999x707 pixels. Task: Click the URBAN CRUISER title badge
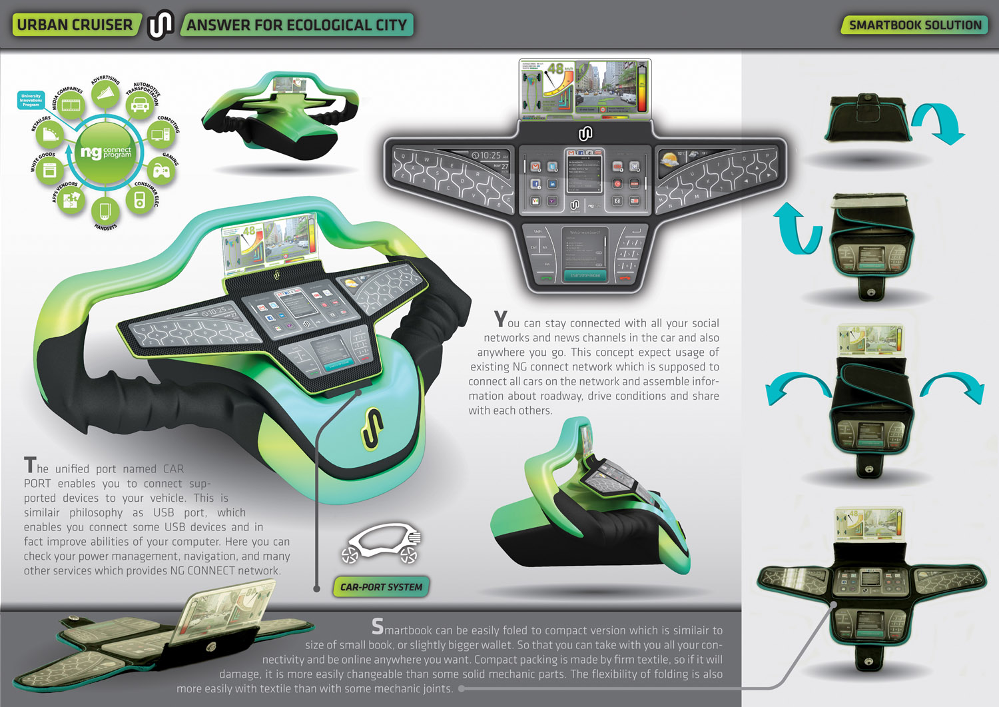75,25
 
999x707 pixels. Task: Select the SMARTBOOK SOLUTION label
914,25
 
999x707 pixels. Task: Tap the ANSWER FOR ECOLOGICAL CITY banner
296,25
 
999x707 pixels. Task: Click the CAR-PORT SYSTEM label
381,587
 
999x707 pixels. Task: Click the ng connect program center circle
106,153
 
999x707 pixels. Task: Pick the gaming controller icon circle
162,171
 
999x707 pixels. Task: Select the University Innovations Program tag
31,100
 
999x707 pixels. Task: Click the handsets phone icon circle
105,211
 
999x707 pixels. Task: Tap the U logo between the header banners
160,25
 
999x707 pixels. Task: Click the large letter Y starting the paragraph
500,319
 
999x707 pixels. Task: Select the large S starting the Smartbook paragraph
378,626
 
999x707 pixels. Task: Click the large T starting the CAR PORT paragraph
30,464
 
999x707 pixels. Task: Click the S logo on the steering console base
372,426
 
